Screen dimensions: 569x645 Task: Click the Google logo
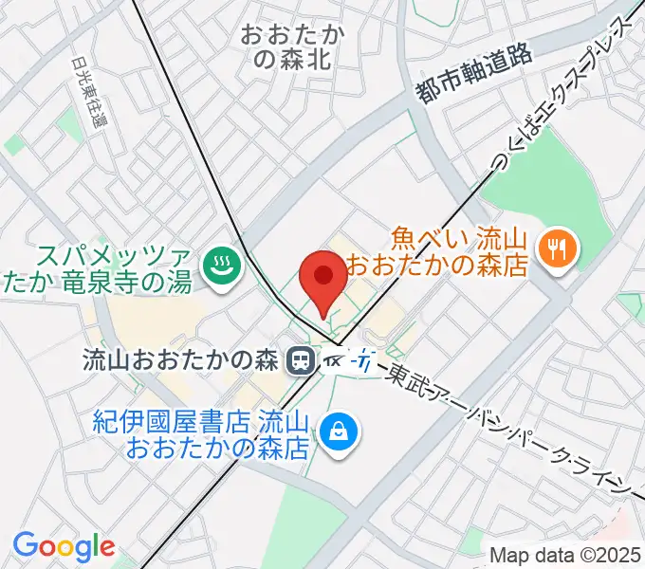tap(64, 546)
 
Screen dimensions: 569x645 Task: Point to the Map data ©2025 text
tap(566, 555)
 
